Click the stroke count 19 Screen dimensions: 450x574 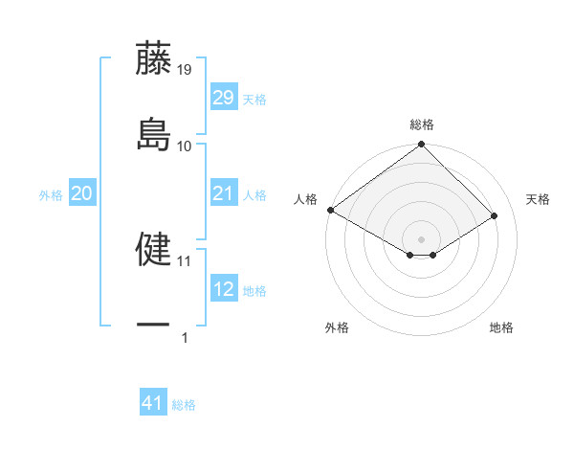[x=185, y=69]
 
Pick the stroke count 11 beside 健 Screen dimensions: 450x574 [x=185, y=260]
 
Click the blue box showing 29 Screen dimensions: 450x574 [x=223, y=98]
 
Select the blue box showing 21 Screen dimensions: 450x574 [x=223, y=194]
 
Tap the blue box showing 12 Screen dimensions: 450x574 [x=223, y=290]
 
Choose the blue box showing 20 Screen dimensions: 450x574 [x=82, y=194]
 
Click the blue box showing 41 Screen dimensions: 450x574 [x=153, y=404]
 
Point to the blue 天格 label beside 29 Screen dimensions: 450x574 [x=254, y=99]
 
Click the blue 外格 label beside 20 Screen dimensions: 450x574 [x=51, y=195]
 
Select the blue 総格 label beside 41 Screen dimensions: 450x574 [x=184, y=405]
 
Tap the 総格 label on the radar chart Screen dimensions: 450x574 [x=422, y=124]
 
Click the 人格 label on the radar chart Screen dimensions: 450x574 [x=305, y=198]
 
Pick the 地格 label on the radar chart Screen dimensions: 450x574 [x=501, y=327]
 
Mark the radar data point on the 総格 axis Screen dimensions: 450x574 [x=421, y=146]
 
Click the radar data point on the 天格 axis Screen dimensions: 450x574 [x=496, y=216]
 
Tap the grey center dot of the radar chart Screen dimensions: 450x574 [x=421, y=238]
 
